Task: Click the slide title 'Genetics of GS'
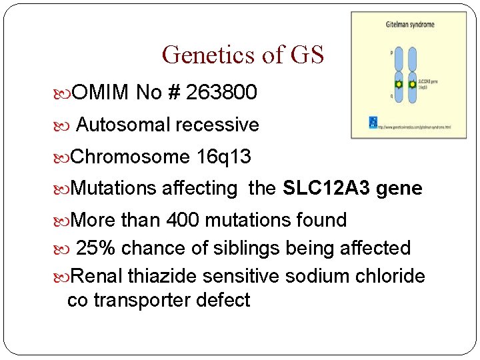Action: pos(243,55)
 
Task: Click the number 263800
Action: pos(221,93)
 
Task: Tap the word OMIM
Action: pos(100,93)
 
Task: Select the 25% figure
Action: pos(96,248)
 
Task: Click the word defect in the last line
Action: pos(223,301)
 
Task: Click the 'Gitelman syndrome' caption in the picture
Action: pos(410,25)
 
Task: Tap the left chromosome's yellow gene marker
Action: pos(399,85)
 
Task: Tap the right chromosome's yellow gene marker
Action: pos(412,85)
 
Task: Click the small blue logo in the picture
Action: pos(373,123)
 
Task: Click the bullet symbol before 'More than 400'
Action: pos(64,221)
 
